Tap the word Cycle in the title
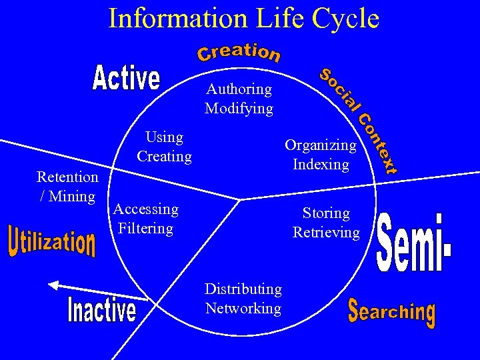[x=341, y=18]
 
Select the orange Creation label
[x=239, y=53]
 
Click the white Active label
[x=127, y=79]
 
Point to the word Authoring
[x=239, y=89]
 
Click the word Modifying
[x=239, y=108]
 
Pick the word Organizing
[x=321, y=145]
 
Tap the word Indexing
[x=321, y=164]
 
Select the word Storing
[x=326, y=213]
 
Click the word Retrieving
[x=326, y=233]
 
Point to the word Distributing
[x=243, y=289]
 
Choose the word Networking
[x=243, y=308]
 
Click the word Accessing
[x=146, y=209]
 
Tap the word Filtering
[x=145, y=229]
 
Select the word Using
[x=164, y=137]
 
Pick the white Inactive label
[x=102, y=309]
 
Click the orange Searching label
[x=392, y=311]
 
